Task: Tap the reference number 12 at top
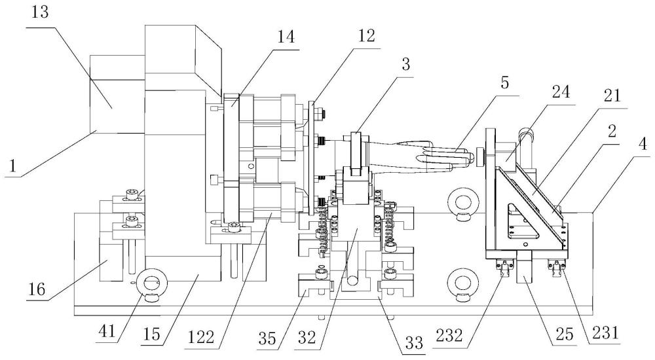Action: pyautogui.click(x=366, y=36)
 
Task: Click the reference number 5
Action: pyautogui.click(x=503, y=84)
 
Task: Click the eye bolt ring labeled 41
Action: pyautogui.click(x=150, y=283)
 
